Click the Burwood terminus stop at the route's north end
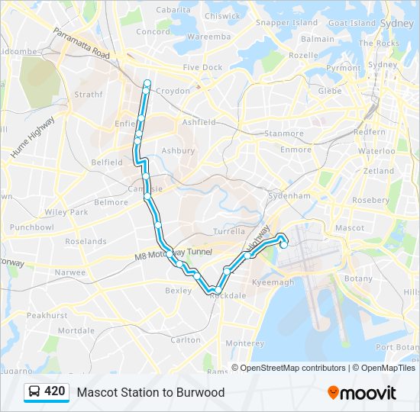pos(147,82)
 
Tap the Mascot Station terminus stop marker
pos(284,245)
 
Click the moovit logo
pos(362,392)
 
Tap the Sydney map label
pos(396,23)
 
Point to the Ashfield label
pos(199,122)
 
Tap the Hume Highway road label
pos(32,138)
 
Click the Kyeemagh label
pos(273,282)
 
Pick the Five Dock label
pos(202,68)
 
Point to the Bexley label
pos(179,291)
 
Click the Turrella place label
pos(230,231)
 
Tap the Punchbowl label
pos(31,227)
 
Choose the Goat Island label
pos(352,23)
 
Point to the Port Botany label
pos(397,348)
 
